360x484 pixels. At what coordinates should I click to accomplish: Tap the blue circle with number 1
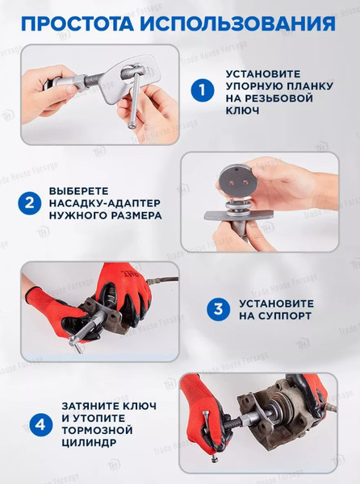point(203,90)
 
